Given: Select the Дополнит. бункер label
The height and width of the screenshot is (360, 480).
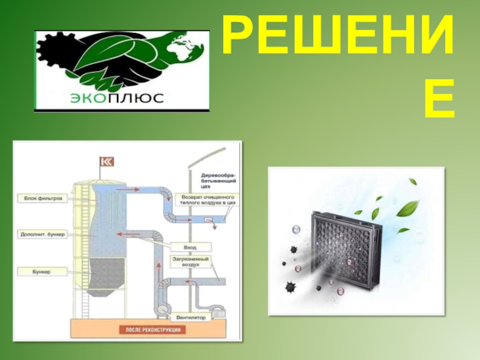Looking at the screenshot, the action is pos(45,233).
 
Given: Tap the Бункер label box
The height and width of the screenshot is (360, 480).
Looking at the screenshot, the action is pos(41,272).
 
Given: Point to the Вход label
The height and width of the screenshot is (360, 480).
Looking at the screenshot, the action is pos(190,247).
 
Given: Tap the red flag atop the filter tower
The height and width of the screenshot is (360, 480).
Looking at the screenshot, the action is pos(107,162).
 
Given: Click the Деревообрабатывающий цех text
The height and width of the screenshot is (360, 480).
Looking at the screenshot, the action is pos(218,181).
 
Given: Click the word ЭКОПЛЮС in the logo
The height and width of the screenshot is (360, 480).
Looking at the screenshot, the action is pos(117,98).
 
